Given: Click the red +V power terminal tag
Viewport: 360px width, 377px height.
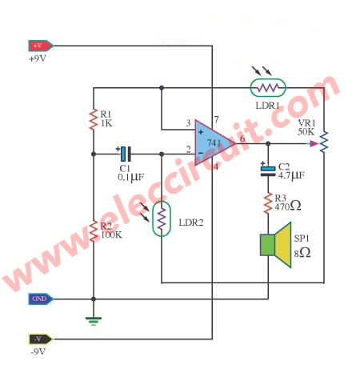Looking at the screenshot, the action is [x=41, y=46].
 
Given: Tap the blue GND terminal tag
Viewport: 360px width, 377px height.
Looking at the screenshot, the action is [x=41, y=299].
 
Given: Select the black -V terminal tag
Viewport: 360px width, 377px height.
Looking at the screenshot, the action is [x=41, y=339].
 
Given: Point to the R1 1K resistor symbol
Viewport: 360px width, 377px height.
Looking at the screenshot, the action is [x=94, y=119].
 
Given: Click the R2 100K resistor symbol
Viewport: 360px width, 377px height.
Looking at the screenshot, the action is [x=94, y=231].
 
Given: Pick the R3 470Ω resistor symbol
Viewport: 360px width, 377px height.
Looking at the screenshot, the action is [x=268, y=203].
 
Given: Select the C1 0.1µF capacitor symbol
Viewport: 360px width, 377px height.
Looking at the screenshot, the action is [x=126, y=154].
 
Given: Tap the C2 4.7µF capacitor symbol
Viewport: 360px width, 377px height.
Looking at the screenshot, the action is [x=268, y=170].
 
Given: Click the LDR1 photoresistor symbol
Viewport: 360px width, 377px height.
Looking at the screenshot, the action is [x=268, y=87].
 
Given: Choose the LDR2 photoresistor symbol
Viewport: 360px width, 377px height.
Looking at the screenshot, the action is [x=162, y=219].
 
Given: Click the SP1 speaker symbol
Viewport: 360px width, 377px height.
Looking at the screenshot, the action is [x=276, y=245].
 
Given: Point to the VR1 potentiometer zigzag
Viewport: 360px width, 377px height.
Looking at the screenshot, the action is [x=324, y=142].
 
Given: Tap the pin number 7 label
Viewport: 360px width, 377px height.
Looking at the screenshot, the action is [x=216, y=119].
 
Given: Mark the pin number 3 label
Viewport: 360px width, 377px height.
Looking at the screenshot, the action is [x=188, y=123].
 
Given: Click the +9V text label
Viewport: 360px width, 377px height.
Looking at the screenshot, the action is [x=38, y=58].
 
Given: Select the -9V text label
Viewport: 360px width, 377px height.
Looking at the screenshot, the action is [x=38, y=351].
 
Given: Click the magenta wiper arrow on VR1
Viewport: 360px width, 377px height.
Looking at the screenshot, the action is [x=314, y=144].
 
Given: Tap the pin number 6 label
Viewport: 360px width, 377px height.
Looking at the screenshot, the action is [x=242, y=138].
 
